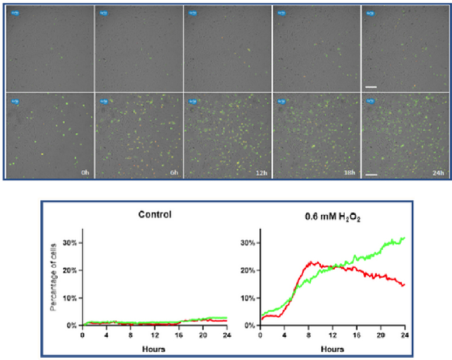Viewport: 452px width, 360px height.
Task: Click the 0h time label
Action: tap(86, 173)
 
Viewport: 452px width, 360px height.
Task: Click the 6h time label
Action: tap(174, 173)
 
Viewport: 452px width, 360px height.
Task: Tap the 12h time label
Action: tap(262, 173)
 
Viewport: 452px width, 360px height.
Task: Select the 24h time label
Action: tap(438, 173)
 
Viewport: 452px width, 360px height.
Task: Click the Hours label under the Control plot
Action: tap(154, 349)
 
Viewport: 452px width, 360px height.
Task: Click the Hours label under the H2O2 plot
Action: tap(332, 349)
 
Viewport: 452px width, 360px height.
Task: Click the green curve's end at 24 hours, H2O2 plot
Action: tap(404, 238)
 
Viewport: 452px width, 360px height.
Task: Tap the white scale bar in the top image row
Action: tap(371, 87)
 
